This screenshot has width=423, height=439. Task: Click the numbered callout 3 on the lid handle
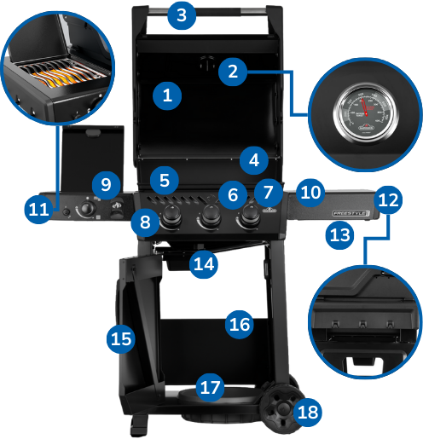click(182, 15)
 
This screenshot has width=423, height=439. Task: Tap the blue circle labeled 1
click(167, 95)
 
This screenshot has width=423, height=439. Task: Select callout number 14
click(204, 264)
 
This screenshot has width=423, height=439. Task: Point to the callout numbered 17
click(210, 387)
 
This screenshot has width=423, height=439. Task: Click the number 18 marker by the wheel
click(308, 412)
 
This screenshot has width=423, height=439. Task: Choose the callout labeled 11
click(39, 209)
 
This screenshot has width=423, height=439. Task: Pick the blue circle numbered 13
click(339, 235)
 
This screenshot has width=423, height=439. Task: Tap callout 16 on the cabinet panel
click(240, 324)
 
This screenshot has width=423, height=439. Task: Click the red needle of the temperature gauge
click(365, 107)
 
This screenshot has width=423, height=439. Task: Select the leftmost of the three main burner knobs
click(171, 217)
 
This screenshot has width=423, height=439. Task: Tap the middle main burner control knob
click(210, 218)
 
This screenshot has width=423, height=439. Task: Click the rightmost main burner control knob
click(250, 217)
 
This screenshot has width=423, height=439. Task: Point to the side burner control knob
click(87, 209)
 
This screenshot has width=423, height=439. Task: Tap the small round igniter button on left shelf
click(66, 212)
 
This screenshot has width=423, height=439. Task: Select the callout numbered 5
click(165, 181)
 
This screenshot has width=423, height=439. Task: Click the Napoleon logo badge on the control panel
click(269, 211)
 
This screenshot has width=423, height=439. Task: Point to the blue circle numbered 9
click(107, 185)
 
